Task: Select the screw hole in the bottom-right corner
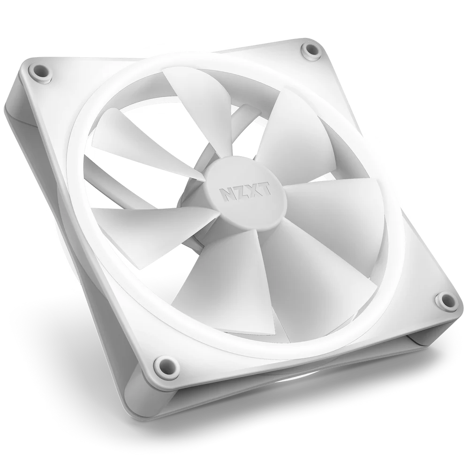click(x=442, y=300)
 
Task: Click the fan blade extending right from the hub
click(x=328, y=216)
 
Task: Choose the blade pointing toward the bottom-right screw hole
click(x=305, y=277)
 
